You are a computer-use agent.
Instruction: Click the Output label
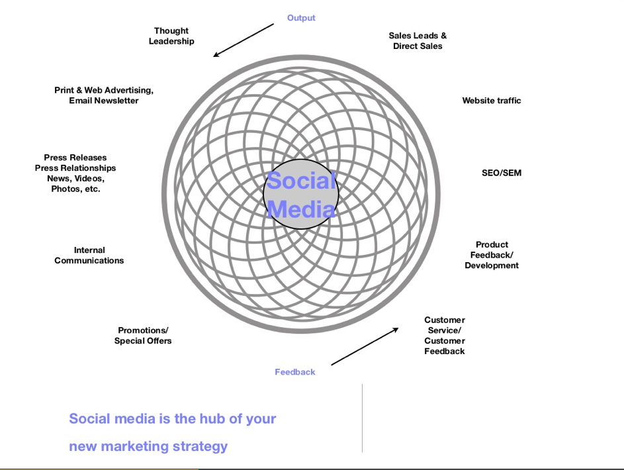coord(301,18)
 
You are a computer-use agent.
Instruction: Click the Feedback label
coord(295,372)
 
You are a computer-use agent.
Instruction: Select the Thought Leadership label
coord(171,36)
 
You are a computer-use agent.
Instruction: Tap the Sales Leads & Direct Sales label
coord(418,41)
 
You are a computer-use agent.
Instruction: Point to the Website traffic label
coord(492,101)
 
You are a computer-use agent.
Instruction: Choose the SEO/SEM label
coord(502,173)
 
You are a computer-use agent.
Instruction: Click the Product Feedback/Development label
coord(492,255)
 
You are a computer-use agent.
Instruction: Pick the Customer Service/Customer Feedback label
coord(445,336)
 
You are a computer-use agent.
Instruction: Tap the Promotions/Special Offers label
coord(143,336)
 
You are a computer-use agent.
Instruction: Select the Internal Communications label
coord(89,256)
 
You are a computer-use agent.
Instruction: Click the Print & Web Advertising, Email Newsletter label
coord(104,95)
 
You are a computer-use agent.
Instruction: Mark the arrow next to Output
coord(244,40)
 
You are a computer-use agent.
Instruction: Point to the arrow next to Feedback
coord(365,346)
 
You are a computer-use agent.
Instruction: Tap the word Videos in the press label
coord(89,179)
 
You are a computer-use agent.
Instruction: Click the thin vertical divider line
coord(362,418)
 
